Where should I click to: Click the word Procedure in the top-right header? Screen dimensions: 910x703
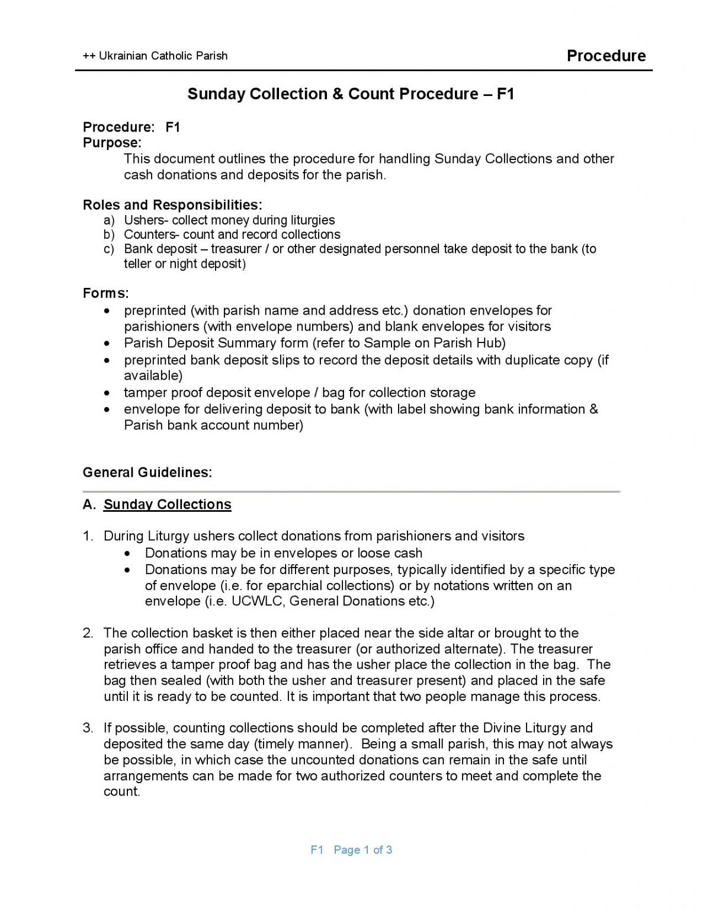(x=606, y=56)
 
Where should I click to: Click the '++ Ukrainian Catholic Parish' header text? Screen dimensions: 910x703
(x=155, y=56)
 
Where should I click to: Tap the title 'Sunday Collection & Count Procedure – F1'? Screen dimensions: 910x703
(x=351, y=94)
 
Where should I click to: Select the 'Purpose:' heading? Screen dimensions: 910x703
(x=112, y=143)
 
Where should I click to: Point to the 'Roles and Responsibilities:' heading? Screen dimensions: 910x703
(x=172, y=205)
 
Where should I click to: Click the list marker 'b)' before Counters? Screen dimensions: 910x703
(x=109, y=235)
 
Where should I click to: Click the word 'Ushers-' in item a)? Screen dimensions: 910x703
(x=146, y=220)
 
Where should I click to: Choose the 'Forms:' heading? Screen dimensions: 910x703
(x=105, y=293)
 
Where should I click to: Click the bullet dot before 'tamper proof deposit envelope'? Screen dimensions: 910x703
(x=107, y=393)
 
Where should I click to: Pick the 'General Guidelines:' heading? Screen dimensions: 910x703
(x=147, y=472)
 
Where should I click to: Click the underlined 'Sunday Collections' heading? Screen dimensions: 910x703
(x=168, y=504)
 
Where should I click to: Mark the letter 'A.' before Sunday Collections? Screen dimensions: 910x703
(x=89, y=504)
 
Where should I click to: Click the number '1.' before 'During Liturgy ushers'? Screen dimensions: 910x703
(x=88, y=536)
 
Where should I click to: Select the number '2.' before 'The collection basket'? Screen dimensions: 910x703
(x=88, y=633)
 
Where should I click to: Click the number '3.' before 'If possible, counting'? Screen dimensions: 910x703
(x=88, y=728)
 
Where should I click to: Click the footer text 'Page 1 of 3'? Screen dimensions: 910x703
(x=363, y=850)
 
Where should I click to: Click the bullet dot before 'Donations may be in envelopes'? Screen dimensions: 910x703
(x=128, y=553)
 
